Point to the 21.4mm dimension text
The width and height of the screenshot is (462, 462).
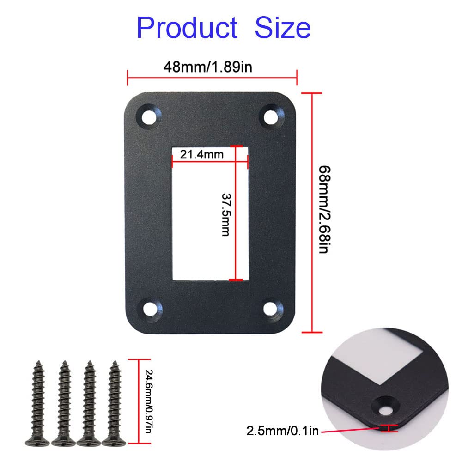201,154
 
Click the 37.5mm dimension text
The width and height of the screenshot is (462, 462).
225,214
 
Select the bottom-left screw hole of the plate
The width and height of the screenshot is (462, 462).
150,309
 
